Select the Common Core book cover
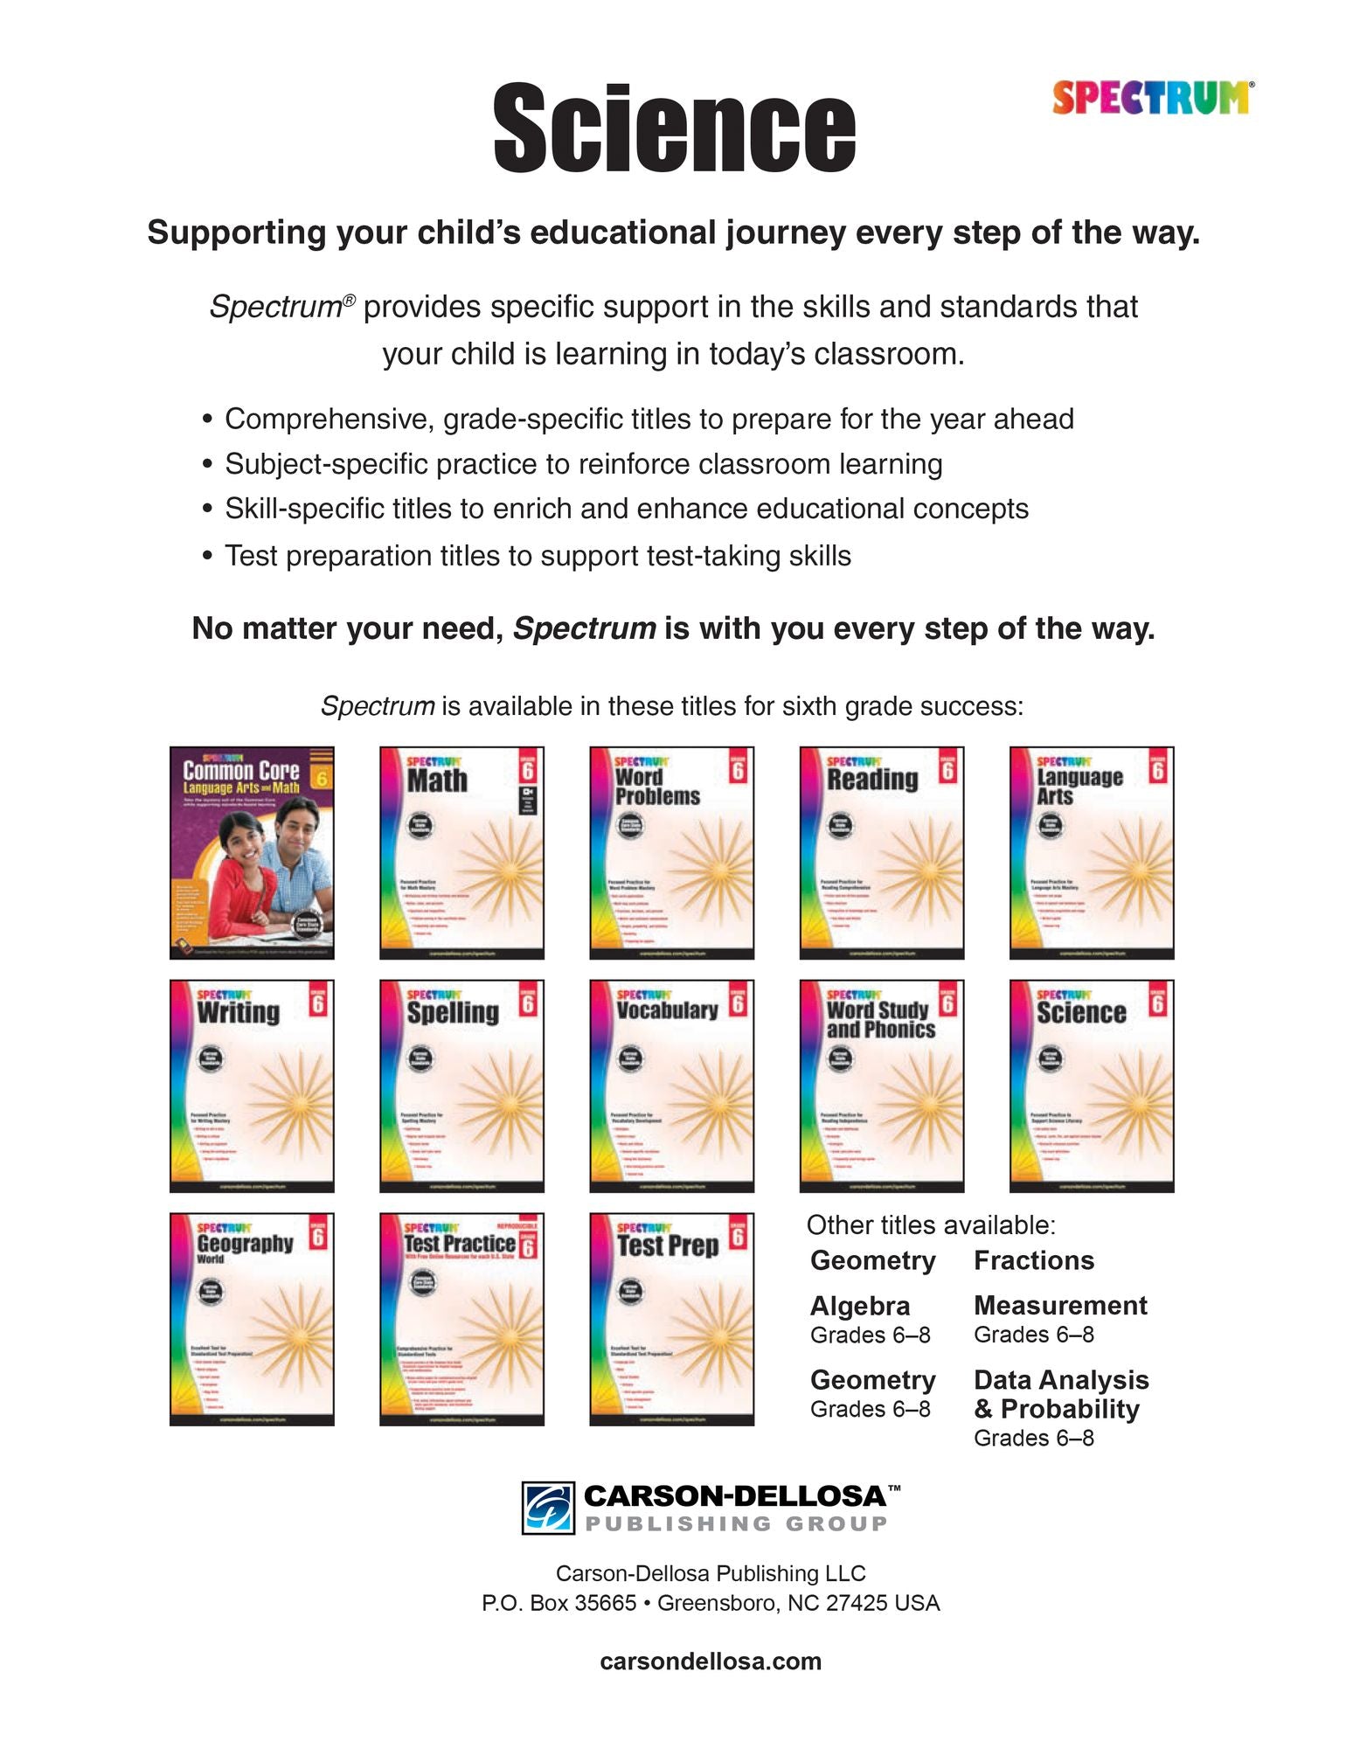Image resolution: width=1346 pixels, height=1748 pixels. coord(252,852)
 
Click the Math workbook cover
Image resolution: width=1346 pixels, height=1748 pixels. coord(461,852)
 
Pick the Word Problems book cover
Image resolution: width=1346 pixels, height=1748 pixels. coord(671,852)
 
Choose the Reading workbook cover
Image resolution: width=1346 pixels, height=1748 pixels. coord(881,852)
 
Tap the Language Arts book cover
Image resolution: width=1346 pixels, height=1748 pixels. coord(1091,852)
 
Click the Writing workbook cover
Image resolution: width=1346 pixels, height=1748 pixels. coord(252,1086)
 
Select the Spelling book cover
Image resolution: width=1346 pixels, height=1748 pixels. coord(461,1086)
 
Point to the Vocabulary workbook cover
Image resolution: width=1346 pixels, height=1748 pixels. coord(671,1086)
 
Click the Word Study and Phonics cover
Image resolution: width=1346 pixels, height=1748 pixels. coord(881,1086)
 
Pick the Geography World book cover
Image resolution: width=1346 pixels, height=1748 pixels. coord(252,1319)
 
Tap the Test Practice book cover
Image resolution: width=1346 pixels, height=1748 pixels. coord(461,1319)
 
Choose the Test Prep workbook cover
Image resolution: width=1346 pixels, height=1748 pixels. coord(671,1319)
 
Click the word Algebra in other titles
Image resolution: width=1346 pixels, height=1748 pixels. coord(860,1306)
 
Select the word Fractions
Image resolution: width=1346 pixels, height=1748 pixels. coord(1034,1260)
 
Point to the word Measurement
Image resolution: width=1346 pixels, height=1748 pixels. coord(1060,1305)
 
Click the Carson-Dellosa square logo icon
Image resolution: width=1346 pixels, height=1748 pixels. coord(548,1508)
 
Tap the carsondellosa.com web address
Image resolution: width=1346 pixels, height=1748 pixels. coord(711,1661)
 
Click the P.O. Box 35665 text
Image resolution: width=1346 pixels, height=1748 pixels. coord(559,1603)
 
